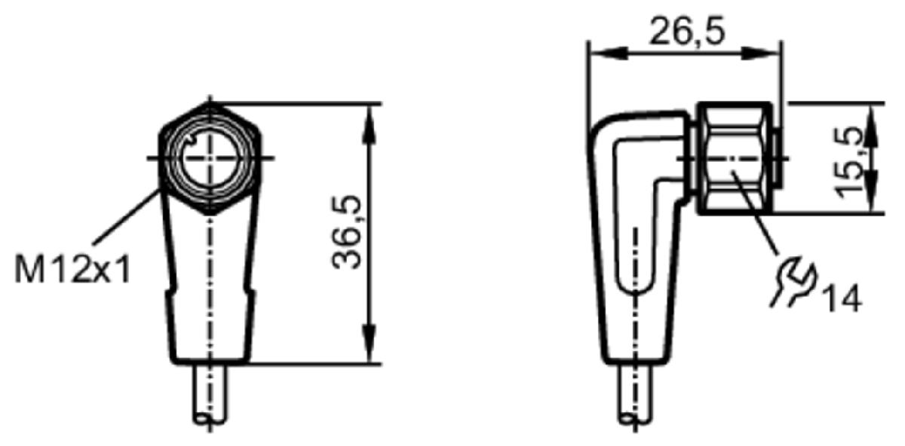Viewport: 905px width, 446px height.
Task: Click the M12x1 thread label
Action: (72, 269)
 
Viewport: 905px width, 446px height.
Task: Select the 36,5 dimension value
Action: (346, 232)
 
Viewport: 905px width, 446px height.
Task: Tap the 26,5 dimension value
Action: (687, 31)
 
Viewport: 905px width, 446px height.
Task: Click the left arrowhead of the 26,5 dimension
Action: (609, 53)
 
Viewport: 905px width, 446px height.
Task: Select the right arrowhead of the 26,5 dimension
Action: (762, 53)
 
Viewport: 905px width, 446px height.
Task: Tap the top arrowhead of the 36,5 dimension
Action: (370, 124)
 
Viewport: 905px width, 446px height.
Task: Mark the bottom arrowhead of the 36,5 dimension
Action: (370, 343)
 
